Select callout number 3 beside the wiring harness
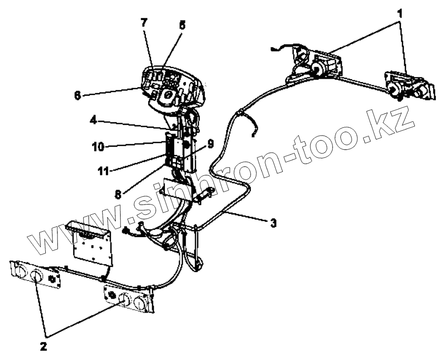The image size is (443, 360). coord(274,223)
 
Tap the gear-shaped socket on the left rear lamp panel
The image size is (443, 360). coord(52,279)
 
